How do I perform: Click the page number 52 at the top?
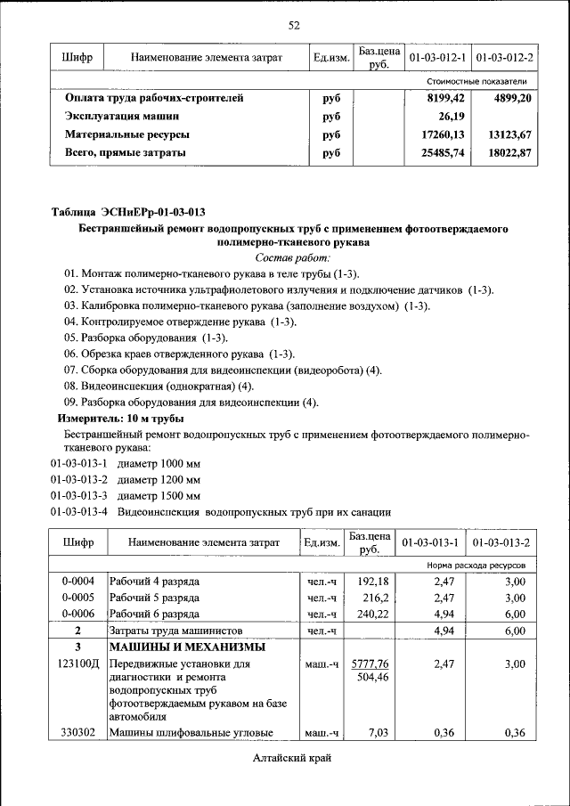pos(293,24)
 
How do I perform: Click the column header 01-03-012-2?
pos(505,58)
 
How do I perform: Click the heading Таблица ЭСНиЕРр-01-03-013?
pos(128,212)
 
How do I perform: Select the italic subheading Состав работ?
pos(293,256)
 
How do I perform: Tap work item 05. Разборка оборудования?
pos(146,338)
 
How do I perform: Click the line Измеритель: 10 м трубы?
pos(121,418)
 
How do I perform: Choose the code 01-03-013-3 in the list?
pos(78,495)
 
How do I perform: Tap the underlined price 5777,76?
pos(370,664)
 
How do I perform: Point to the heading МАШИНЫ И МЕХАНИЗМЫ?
pos(187,647)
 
